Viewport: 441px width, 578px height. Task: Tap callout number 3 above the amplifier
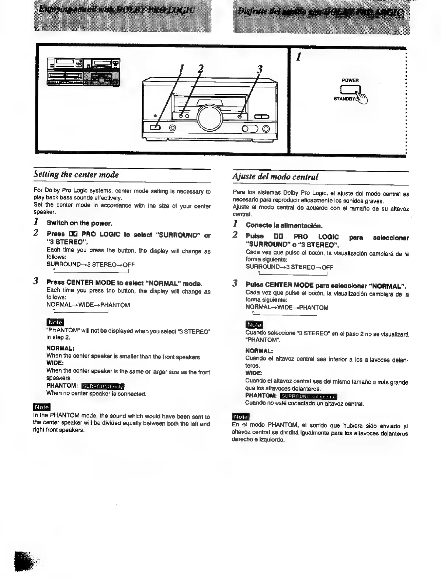point(260,69)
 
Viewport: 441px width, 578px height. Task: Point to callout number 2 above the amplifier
point(200,69)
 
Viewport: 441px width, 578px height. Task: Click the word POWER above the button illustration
point(350,80)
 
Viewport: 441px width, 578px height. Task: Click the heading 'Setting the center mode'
point(76,174)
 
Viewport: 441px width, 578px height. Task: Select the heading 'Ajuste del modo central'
point(275,177)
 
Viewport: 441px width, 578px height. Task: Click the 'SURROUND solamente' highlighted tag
point(308,397)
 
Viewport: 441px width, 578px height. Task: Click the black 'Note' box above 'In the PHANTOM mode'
point(42,407)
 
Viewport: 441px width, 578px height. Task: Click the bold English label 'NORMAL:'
point(60,348)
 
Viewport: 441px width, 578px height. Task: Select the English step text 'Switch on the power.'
point(79,223)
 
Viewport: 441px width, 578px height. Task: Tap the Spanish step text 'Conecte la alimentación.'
point(284,225)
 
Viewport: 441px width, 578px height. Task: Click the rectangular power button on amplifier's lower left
point(155,128)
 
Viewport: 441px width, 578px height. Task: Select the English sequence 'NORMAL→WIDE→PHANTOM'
point(88,305)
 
